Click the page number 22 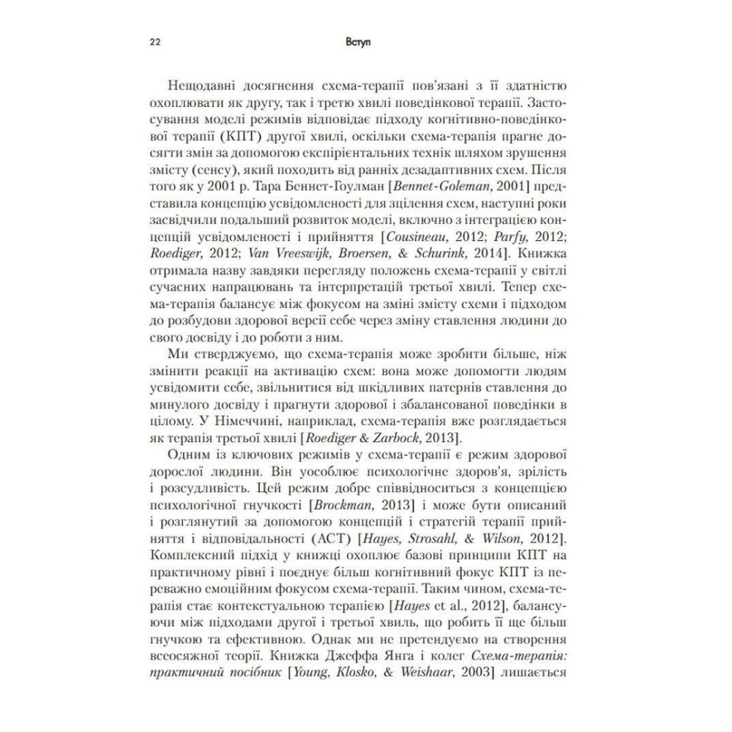click(156, 42)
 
